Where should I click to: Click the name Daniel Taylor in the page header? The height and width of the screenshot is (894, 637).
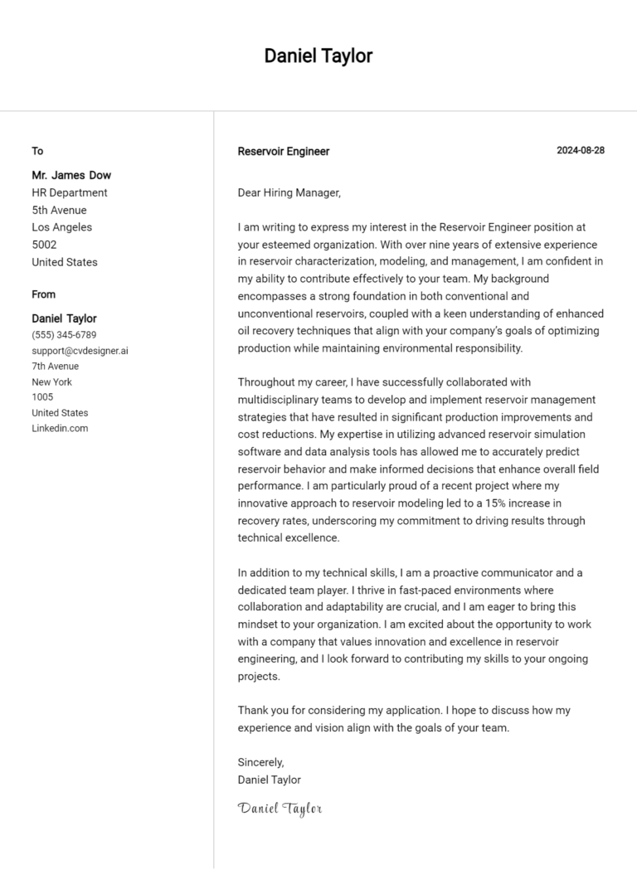coord(318,56)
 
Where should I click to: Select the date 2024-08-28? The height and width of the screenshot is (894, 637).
coord(580,150)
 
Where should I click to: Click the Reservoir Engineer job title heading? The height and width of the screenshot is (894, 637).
coord(283,151)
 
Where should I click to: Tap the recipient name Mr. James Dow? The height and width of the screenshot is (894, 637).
coord(71,175)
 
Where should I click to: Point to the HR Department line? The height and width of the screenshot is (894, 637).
coord(70,192)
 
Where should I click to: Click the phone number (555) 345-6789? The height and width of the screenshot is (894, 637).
coord(64,335)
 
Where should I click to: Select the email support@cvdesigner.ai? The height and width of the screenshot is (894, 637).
coord(80,351)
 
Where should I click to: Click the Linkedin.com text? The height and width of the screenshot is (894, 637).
coord(60,428)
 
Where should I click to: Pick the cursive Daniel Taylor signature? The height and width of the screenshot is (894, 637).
coord(280,808)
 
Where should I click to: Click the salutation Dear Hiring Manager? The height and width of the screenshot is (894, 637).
coord(289,192)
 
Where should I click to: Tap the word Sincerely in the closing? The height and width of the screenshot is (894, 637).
coord(260,762)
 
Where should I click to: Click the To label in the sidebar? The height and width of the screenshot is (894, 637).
coord(37,151)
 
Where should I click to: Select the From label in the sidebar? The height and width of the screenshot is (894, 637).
coord(43,294)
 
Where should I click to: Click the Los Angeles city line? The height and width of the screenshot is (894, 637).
coord(61,227)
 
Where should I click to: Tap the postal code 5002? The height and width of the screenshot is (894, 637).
coord(44,245)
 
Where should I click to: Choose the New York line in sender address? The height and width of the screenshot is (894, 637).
coord(51,381)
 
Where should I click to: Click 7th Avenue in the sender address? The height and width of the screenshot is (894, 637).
coord(55,366)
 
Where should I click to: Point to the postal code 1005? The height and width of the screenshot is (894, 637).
coord(42,397)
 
